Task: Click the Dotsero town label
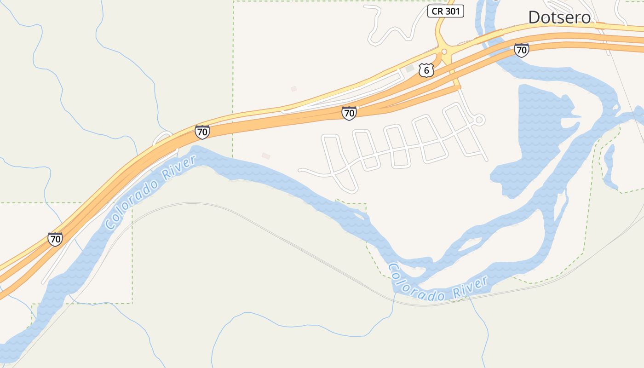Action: (559, 17)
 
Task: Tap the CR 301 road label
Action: (446, 11)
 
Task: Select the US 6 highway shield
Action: (426, 70)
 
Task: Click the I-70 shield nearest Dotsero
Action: (521, 50)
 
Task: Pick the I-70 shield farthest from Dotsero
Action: (55, 239)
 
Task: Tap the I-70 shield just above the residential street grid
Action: (349, 113)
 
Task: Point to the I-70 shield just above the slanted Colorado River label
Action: (202, 132)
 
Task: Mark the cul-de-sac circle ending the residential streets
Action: (479, 120)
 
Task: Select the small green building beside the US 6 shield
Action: (409, 69)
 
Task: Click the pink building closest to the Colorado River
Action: (266, 156)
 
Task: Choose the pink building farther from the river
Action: (293, 89)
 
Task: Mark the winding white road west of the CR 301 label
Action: (391, 30)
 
